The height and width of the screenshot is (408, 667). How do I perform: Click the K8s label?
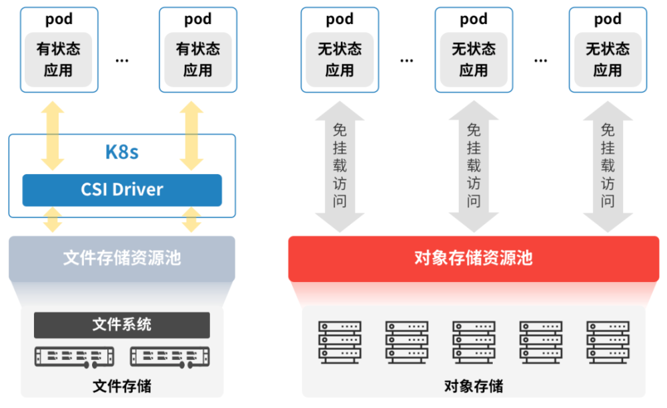pyautogui.click(x=122, y=151)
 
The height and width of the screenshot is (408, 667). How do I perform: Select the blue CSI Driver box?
pyautogui.click(x=122, y=189)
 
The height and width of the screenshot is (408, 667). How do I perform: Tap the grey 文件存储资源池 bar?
pyautogui.click(x=122, y=258)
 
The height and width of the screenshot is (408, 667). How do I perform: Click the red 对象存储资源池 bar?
pyautogui.click(x=474, y=258)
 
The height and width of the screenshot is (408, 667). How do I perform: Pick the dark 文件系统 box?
pyautogui.click(x=122, y=325)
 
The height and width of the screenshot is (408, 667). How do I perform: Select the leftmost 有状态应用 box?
pyautogui.click(x=59, y=59)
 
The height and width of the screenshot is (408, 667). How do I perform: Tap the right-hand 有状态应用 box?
pyautogui.click(x=198, y=59)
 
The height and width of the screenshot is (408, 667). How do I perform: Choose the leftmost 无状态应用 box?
pyautogui.click(x=340, y=59)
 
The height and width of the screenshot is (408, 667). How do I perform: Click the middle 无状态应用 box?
pyautogui.click(x=474, y=59)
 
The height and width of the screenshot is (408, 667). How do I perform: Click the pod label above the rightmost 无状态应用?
pyautogui.click(x=608, y=19)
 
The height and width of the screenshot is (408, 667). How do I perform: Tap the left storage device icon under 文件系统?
pyautogui.click(x=74, y=357)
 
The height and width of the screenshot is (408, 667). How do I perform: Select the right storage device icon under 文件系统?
pyautogui.click(x=170, y=357)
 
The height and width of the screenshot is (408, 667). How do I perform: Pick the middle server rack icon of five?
pyautogui.click(x=474, y=341)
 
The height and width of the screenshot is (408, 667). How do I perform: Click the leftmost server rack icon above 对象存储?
pyautogui.click(x=340, y=341)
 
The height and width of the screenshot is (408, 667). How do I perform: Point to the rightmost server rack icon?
pyautogui.click(x=608, y=341)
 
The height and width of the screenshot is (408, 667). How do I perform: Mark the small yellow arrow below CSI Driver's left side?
pyautogui.click(x=53, y=220)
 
